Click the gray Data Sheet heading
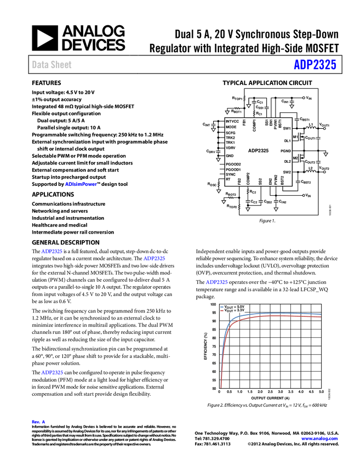[52, 65]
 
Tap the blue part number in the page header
[315, 65]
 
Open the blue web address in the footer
[319, 439]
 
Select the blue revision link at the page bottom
[38, 422]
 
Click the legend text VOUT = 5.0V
[234, 306]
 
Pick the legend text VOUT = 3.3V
[234, 311]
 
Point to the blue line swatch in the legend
[222, 306]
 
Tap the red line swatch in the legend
[222, 311]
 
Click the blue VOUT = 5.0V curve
[274, 314]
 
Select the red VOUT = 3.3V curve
[274, 317]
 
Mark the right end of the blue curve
[320, 314]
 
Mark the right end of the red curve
[320, 317]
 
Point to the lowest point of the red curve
[221, 387]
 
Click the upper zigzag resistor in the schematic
[237, 109]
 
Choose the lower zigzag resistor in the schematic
[231, 198]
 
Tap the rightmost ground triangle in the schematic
[325, 155]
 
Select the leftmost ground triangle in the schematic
[213, 130]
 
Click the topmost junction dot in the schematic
[304, 98]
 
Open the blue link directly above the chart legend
[216, 282]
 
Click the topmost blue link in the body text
[81, 184]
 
